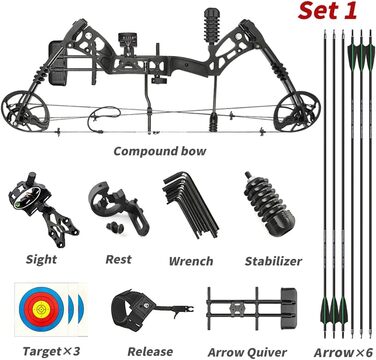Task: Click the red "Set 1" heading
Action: [x=327, y=10]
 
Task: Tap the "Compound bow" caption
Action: [x=160, y=151]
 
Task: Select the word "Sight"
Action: [x=41, y=259]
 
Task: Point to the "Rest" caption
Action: [x=118, y=259]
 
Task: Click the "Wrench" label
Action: [x=191, y=261]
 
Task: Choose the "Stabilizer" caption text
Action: [x=273, y=261]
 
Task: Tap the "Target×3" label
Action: [x=51, y=351]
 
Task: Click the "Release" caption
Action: [x=150, y=351]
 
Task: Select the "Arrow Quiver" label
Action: [x=247, y=352]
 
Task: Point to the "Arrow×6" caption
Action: [x=343, y=352]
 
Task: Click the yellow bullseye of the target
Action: [x=42, y=307]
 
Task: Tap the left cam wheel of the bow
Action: [x=24, y=111]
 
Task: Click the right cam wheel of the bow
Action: [x=296, y=111]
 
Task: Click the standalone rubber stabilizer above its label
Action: [x=270, y=204]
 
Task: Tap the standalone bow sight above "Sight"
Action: [x=42, y=208]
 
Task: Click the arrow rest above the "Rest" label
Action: [x=118, y=207]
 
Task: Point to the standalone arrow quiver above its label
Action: [x=251, y=308]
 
